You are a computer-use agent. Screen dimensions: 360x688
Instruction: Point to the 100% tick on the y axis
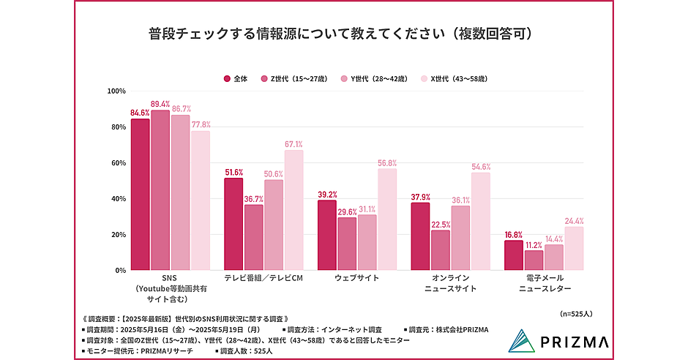[x=116, y=91]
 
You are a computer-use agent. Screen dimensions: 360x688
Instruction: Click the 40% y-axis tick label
[x=118, y=199]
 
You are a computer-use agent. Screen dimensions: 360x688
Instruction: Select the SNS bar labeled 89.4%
[x=160, y=190]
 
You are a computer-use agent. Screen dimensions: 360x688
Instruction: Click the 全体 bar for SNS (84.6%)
[x=141, y=195]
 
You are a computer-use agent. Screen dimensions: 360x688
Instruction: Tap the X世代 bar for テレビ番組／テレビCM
[x=293, y=210]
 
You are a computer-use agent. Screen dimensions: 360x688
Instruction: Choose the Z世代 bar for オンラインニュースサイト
[x=441, y=250]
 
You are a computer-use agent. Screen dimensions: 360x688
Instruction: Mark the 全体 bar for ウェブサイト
[x=326, y=235]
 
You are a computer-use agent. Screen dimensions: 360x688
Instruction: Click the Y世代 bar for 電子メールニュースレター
[x=554, y=258]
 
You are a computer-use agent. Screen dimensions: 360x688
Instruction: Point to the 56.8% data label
[x=387, y=163]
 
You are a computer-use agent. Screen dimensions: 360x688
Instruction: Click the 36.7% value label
[x=253, y=199]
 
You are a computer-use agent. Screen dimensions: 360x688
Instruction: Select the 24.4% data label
[x=574, y=221]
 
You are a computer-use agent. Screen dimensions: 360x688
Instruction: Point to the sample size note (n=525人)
[x=577, y=313]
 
